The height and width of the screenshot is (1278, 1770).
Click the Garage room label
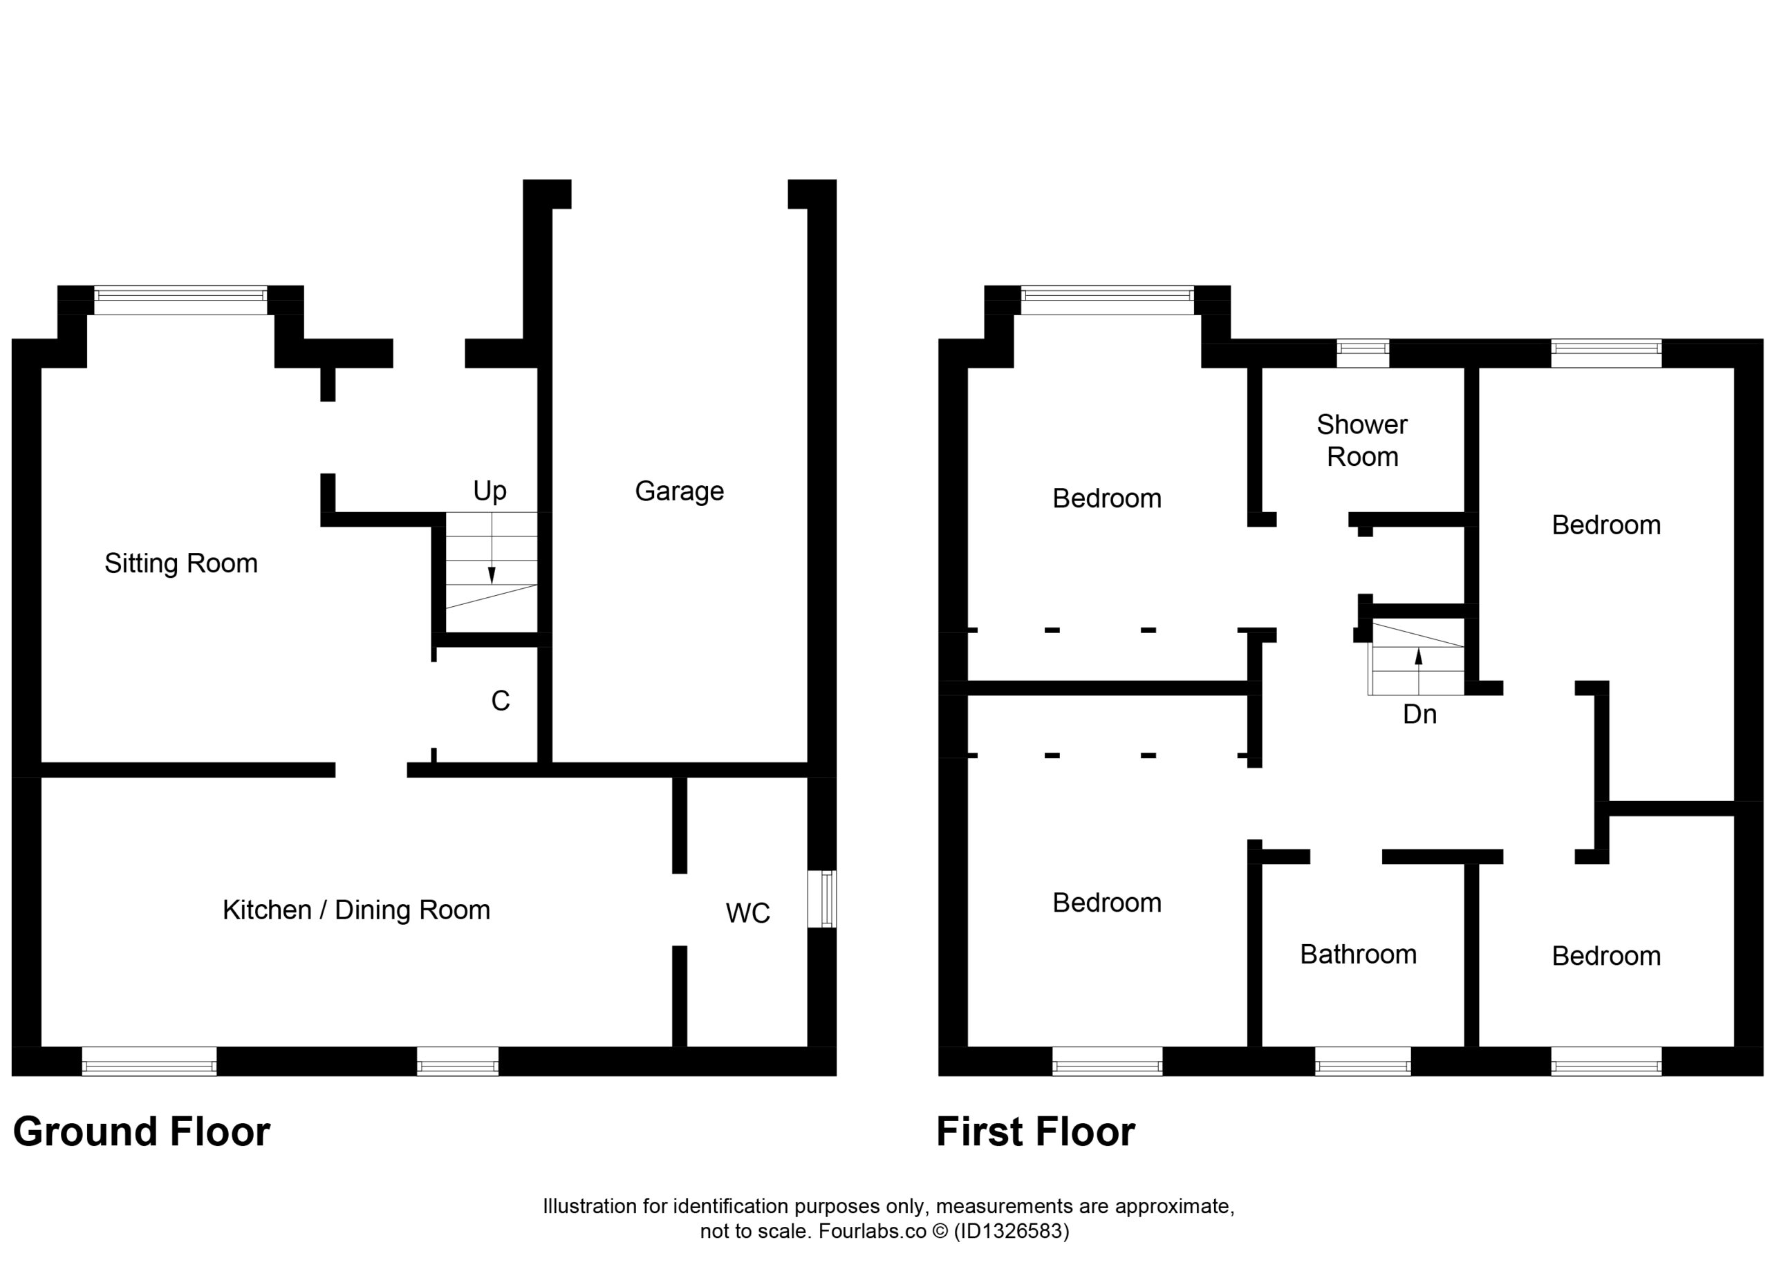pos(679,491)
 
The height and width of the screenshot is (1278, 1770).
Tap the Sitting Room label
pos(181,563)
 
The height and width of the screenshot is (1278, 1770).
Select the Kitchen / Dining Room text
pos(356,910)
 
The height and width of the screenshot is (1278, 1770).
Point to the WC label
pos(747,913)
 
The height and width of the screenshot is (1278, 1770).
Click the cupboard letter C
pos(501,702)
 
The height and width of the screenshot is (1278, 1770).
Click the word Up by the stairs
pos(490,491)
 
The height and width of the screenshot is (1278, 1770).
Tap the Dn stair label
pos(1419,714)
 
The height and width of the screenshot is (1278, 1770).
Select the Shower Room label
pos(1362,440)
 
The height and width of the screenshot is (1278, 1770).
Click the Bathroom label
pos(1358,955)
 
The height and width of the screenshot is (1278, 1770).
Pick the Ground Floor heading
pos(141,1131)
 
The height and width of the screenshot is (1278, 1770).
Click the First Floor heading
pos(1036,1131)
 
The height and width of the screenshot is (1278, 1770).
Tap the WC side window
pos(822,899)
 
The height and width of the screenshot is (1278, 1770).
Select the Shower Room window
pos(1363,353)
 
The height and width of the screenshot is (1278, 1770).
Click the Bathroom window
pos(1363,1061)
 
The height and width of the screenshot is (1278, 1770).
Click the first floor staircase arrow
pos(1419,671)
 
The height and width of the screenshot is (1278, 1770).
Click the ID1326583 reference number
pos(1012,1230)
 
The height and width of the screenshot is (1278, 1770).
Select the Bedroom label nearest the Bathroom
pos(1606,956)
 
